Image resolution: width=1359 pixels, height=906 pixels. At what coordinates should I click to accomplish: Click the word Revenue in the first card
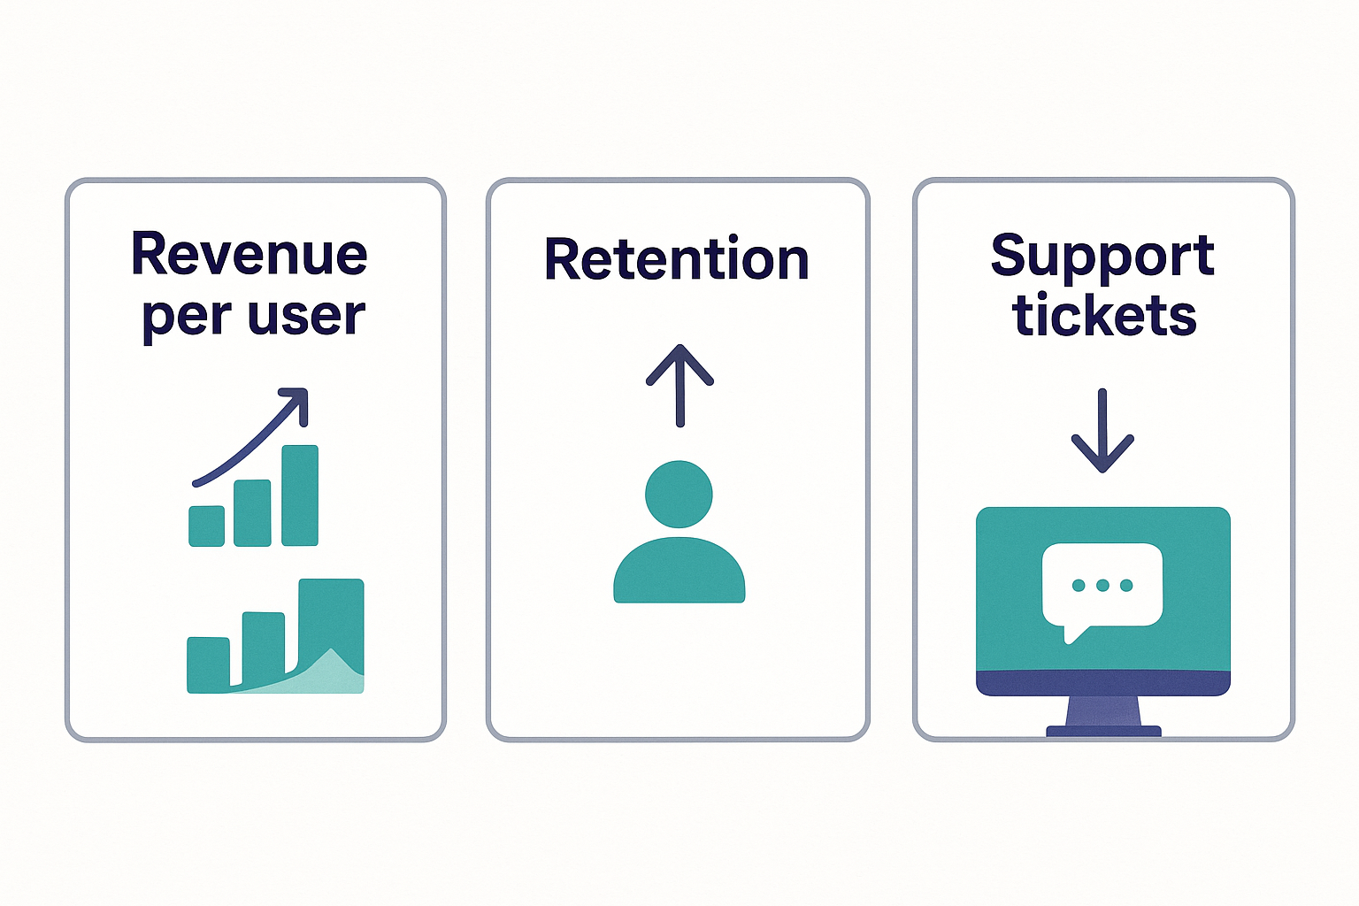(x=249, y=255)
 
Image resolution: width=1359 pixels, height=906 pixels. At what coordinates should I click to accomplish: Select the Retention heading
(x=677, y=259)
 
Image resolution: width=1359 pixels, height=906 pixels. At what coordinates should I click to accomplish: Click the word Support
(x=1102, y=257)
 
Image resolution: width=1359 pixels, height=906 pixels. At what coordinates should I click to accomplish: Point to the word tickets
(x=1104, y=315)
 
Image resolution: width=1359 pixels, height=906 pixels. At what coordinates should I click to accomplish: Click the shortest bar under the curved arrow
(x=207, y=526)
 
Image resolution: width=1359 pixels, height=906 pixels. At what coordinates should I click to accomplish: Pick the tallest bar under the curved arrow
(x=300, y=495)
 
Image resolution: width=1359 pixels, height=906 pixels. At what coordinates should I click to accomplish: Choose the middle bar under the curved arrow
(x=252, y=513)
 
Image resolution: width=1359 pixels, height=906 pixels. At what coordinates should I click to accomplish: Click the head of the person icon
(x=679, y=494)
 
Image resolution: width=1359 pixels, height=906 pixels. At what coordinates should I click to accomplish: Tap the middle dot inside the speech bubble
(x=1102, y=586)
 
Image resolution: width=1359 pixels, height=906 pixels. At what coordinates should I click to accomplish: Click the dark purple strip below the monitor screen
(x=1102, y=683)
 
